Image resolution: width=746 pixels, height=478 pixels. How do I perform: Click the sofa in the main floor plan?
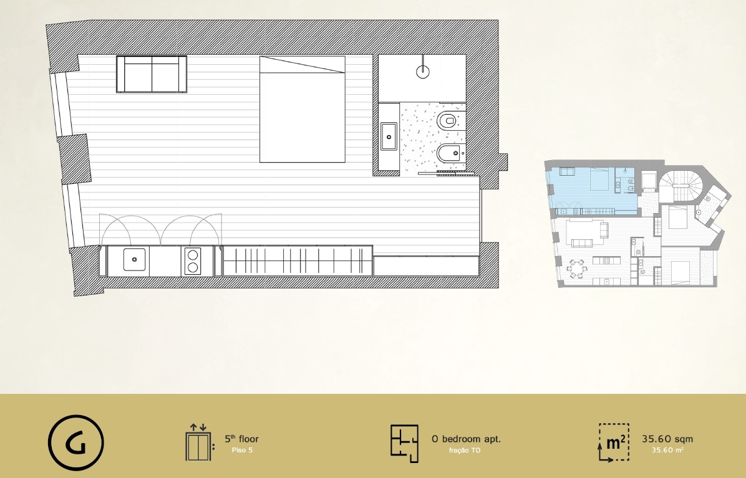click(152, 74)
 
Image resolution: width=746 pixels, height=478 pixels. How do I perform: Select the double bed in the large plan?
click(302, 109)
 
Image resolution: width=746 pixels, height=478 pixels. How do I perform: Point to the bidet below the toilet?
click(450, 153)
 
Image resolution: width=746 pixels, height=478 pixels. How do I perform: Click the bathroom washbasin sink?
click(389, 136)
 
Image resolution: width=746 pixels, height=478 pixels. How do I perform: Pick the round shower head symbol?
click(422, 71)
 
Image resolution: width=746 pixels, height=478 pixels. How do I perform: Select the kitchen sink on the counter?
click(134, 259)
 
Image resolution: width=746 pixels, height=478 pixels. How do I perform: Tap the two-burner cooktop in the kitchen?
click(192, 261)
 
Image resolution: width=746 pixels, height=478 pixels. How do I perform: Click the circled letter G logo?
click(75, 443)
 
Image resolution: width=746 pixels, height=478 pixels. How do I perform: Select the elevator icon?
click(198, 442)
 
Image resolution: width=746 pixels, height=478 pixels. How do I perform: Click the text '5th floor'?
click(241, 439)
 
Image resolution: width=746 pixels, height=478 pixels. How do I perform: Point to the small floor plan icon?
click(404, 443)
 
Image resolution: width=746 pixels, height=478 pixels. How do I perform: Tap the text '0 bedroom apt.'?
click(467, 439)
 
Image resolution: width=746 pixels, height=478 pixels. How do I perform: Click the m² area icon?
click(614, 442)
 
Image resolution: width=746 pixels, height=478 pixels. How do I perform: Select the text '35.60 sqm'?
click(667, 439)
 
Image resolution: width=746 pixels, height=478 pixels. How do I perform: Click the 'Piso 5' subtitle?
click(242, 450)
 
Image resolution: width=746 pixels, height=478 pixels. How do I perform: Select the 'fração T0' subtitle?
click(465, 450)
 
